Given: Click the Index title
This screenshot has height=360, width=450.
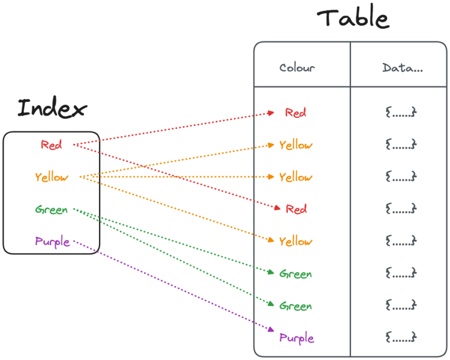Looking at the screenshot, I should coord(52,108).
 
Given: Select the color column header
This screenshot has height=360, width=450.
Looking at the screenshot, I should coord(296,68).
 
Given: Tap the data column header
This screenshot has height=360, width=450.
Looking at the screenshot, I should coord(401,68).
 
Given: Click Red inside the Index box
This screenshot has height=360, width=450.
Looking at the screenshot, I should coord(51,145).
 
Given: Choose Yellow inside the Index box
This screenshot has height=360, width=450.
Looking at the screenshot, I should coord(52,177).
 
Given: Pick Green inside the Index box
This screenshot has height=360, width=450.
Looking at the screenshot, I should coord(51,210).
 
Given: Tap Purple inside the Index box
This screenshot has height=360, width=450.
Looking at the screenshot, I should coord(52,242).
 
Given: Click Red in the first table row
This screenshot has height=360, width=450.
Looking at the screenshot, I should coord(296,113).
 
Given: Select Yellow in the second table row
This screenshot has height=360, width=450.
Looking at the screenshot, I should coord(296,145).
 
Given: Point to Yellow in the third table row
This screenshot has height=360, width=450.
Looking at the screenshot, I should coord(296,177).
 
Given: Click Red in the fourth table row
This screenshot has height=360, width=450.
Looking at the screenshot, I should coord(296,209).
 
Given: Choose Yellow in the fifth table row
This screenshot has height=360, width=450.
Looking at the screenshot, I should coord(296,241).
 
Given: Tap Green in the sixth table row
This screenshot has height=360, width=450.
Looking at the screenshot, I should coord(296,274).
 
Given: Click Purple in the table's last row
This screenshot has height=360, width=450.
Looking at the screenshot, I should coord(297,338).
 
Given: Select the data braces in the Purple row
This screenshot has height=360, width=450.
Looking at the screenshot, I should coord(400,336).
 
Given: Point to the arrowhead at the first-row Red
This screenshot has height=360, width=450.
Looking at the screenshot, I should coord(272,113).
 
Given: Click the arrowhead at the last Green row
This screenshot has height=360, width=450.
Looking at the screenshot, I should coord(271,305).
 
